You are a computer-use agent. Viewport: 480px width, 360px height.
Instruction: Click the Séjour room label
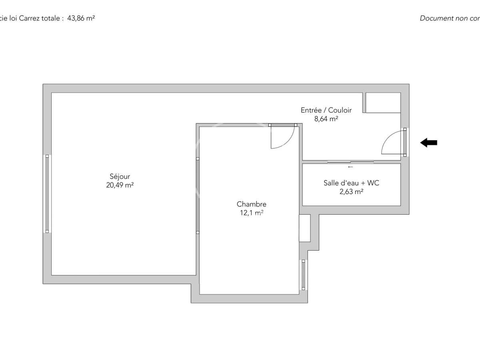(x=120, y=176)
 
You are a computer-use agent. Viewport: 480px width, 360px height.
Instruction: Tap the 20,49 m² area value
(x=120, y=185)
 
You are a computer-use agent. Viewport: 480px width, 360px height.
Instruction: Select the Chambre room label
(x=251, y=204)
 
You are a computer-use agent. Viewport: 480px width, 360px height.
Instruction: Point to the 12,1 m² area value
(x=251, y=213)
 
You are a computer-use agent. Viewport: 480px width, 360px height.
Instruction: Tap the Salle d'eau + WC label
(x=351, y=183)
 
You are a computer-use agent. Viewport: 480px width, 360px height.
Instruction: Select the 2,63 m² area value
(x=351, y=192)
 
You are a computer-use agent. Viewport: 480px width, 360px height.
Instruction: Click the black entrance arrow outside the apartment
(x=429, y=142)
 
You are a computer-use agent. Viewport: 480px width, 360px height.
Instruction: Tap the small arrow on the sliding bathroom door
(x=350, y=167)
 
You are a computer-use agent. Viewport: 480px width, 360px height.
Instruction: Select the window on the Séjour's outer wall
(x=47, y=194)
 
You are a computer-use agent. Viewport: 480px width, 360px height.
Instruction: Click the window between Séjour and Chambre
(x=198, y=195)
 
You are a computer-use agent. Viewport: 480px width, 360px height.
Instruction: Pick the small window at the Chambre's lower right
(x=303, y=275)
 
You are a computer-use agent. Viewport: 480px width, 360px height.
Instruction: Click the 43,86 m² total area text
(x=81, y=18)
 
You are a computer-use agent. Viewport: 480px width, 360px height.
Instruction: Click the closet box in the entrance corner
(x=383, y=103)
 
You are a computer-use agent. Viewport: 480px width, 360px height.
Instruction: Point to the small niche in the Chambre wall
(x=305, y=228)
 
